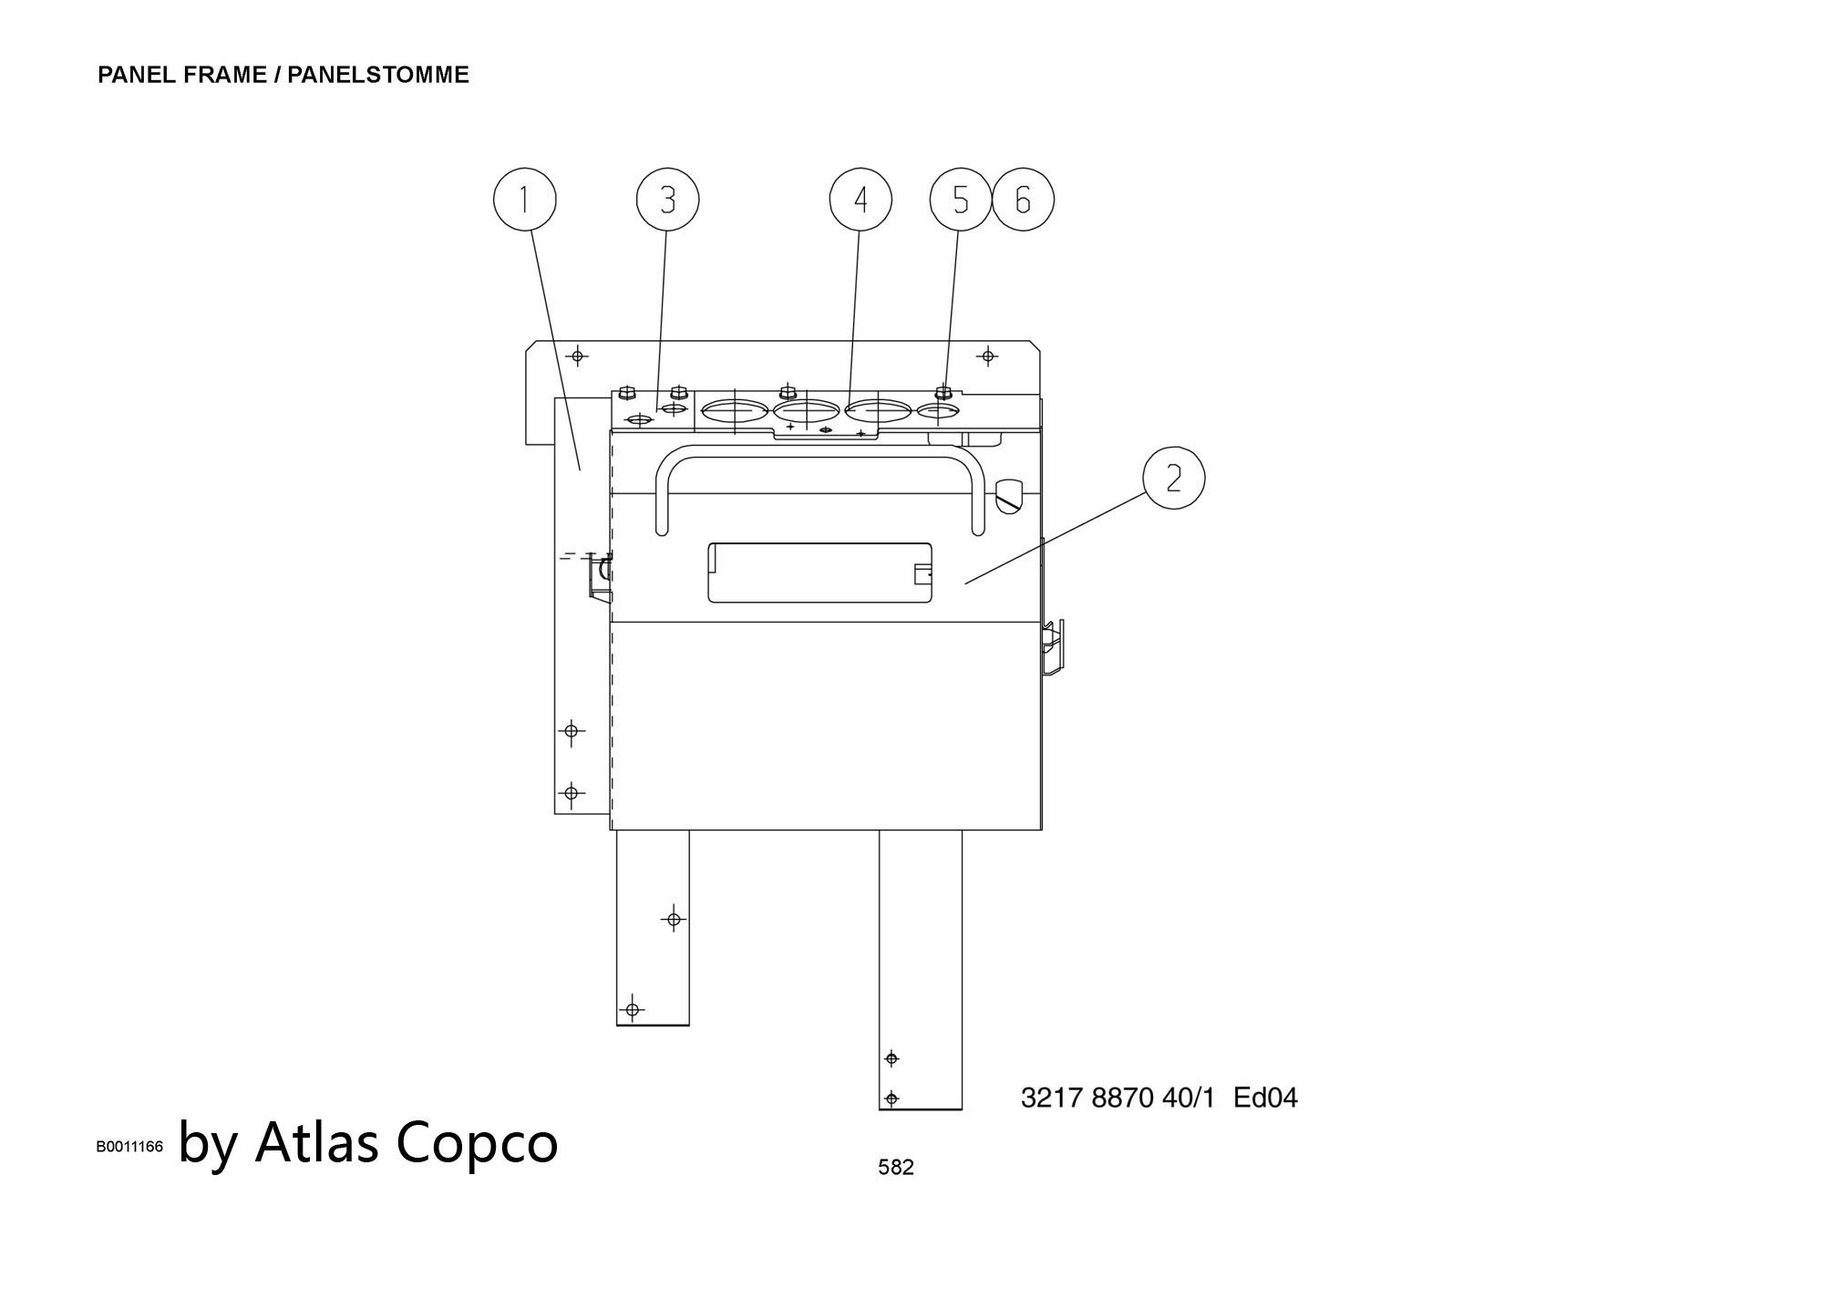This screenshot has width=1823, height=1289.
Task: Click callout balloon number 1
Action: click(x=524, y=200)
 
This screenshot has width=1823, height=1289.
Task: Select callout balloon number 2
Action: click(x=1173, y=478)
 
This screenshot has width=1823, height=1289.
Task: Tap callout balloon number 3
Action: click(x=667, y=200)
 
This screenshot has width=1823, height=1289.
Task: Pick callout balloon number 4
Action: click(x=860, y=200)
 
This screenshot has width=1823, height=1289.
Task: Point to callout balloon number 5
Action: click(x=961, y=200)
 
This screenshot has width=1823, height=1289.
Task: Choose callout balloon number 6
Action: click(x=1023, y=200)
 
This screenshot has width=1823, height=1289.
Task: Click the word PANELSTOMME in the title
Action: click(x=378, y=75)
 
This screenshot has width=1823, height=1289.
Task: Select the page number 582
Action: click(x=895, y=1167)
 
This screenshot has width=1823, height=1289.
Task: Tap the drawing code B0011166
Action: click(x=129, y=1147)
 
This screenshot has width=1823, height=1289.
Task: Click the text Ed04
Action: click(x=1265, y=1098)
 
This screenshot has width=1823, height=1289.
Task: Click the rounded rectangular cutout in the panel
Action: click(x=820, y=572)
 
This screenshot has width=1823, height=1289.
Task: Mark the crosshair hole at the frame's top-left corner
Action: click(x=578, y=356)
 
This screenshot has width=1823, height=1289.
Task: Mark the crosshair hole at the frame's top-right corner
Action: click(x=988, y=356)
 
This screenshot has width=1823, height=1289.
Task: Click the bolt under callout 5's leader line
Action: click(x=944, y=394)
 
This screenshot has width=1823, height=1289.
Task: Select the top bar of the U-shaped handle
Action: click(x=820, y=451)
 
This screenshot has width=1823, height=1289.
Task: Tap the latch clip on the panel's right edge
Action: click(x=1053, y=647)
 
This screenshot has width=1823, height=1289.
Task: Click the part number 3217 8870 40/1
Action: click(x=1117, y=1098)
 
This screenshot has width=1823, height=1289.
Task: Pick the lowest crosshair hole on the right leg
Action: click(x=892, y=1098)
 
